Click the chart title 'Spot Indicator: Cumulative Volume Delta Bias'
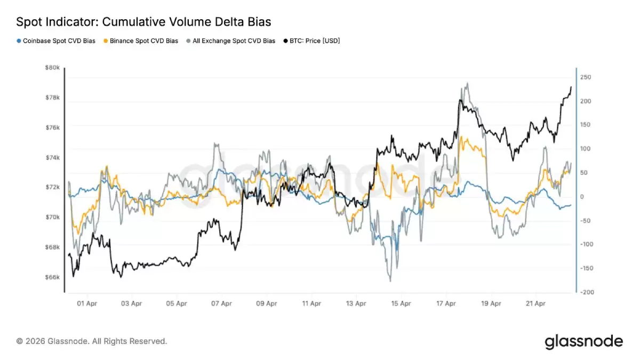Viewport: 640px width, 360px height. click(x=143, y=22)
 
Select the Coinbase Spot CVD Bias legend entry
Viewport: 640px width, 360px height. click(x=56, y=41)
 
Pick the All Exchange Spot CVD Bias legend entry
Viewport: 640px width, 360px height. click(x=230, y=41)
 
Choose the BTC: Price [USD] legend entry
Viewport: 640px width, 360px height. click(x=314, y=41)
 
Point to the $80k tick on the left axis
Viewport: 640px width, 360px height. click(x=52, y=68)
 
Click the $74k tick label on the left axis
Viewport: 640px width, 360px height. click(x=52, y=158)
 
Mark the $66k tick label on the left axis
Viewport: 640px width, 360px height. click(x=52, y=277)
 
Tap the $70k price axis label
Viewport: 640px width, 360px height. click(x=52, y=218)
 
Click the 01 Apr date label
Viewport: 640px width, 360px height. click(x=86, y=304)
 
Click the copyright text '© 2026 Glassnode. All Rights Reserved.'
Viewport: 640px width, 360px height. click(x=91, y=341)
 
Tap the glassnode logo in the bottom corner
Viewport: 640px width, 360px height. click(x=583, y=341)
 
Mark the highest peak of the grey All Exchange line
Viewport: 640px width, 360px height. click(x=467, y=83)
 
